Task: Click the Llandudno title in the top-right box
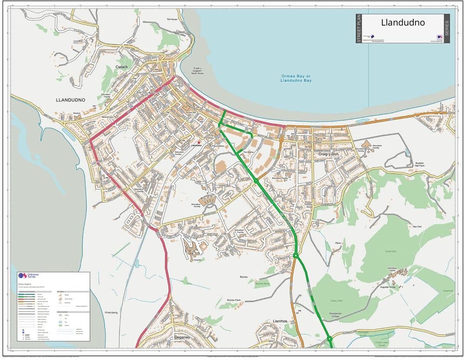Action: (x=403, y=22)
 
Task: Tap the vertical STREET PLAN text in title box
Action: (x=359, y=28)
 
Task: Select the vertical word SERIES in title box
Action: (x=447, y=28)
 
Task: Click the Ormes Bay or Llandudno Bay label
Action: (x=296, y=79)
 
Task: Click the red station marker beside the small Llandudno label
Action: (x=199, y=142)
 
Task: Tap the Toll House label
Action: (x=172, y=19)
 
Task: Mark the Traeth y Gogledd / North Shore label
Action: (x=199, y=71)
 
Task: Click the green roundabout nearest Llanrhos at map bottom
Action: (x=329, y=338)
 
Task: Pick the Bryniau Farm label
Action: (x=235, y=301)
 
